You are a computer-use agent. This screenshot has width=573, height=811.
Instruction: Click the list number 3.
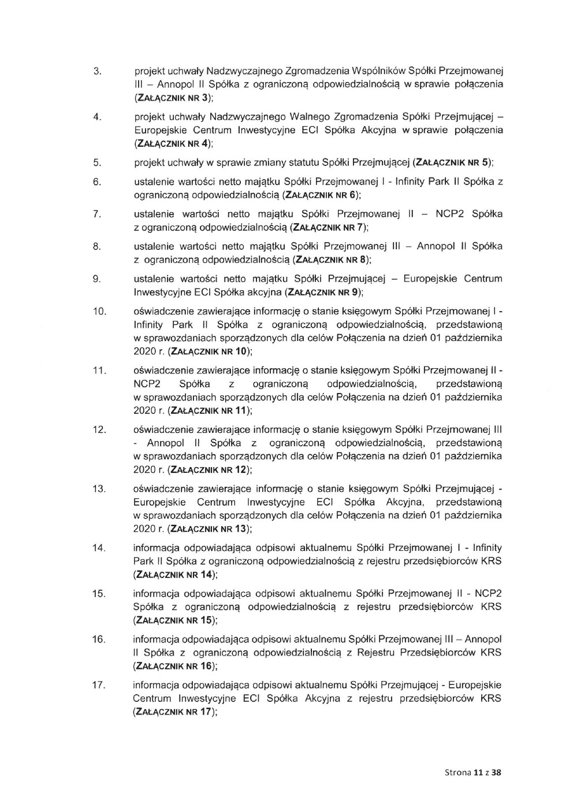[x=98, y=71]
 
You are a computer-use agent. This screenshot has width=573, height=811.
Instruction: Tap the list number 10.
[x=99, y=312]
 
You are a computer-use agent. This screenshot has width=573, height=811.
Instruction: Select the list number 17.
[x=99, y=686]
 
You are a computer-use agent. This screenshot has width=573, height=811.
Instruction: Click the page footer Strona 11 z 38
[x=472, y=772]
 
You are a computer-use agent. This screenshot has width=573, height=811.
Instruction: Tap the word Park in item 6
[x=441, y=182]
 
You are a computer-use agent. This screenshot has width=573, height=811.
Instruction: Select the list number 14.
[x=99, y=547]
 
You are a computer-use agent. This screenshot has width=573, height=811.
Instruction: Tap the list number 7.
[x=98, y=214]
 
